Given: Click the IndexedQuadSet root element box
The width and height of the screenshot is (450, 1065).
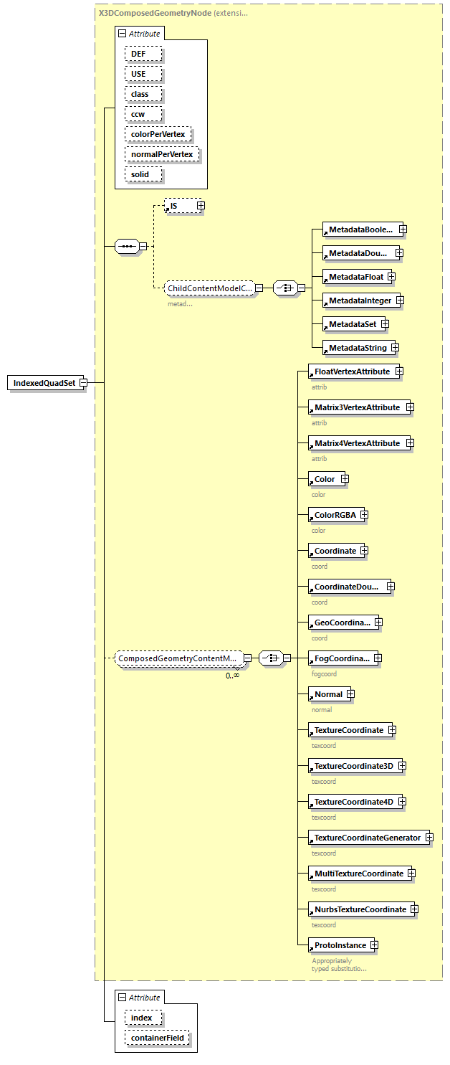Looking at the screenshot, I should pyautogui.click(x=44, y=383).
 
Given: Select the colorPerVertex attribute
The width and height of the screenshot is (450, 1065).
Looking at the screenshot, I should pyautogui.click(x=158, y=134).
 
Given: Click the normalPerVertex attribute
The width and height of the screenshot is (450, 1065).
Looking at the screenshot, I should pyautogui.click(x=161, y=154).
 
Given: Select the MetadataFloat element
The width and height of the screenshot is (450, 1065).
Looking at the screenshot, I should pyautogui.click(x=355, y=277).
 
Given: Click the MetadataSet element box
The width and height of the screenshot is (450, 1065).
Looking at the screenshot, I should pyautogui.click(x=352, y=324).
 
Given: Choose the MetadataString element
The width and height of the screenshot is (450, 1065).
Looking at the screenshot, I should pyautogui.click(x=357, y=348).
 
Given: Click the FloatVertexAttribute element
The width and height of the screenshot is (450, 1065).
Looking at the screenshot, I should pyautogui.click(x=352, y=371).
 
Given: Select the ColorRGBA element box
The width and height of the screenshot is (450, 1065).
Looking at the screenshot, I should pyautogui.click(x=335, y=515).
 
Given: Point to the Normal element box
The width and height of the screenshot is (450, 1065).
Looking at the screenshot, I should pyautogui.click(x=328, y=694).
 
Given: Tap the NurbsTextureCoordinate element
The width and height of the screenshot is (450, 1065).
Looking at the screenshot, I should pyautogui.click(x=360, y=909).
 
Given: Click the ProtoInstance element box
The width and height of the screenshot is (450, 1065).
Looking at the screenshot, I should pyautogui.click(x=340, y=945).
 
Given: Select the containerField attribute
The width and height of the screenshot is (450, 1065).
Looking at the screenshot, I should pyautogui.click(x=158, y=1038).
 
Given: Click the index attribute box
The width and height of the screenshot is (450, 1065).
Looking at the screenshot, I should pyautogui.click(x=142, y=1018).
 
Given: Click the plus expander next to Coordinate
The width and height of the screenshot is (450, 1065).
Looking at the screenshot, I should pyautogui.click(x=364, y=551).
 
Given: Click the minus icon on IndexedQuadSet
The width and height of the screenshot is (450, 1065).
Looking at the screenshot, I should pyautogui.click(x=83, y=383).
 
